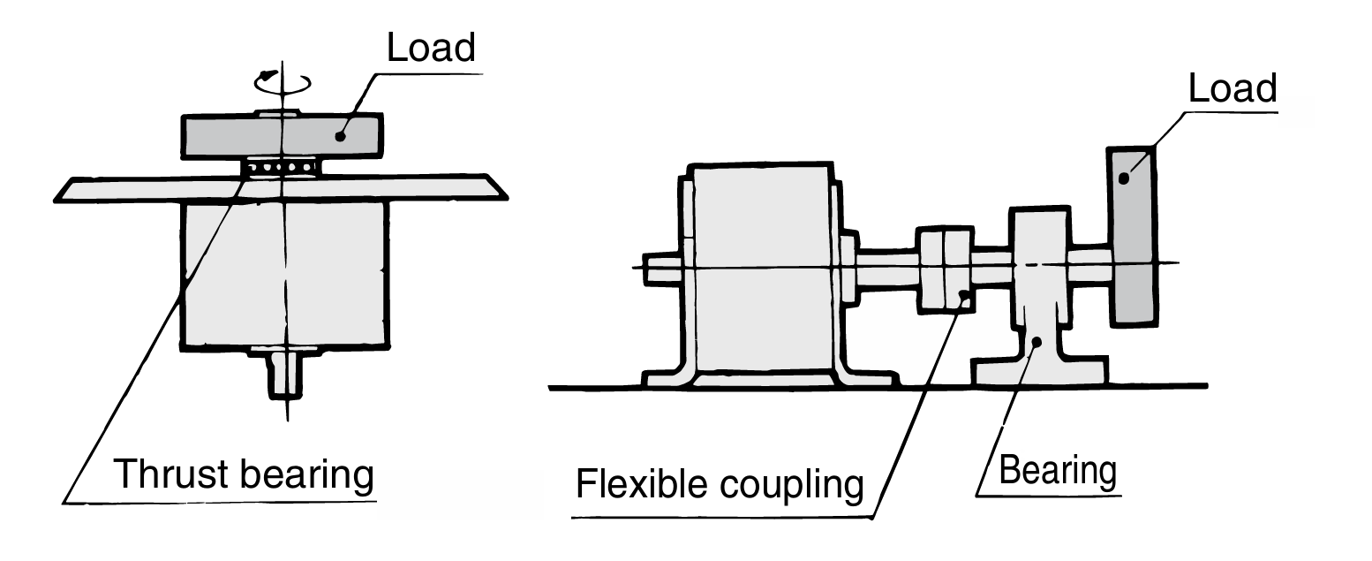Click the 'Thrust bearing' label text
(x=243, y=475)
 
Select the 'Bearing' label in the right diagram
(x=1057, y=470)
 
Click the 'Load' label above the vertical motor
(x=432, y=48)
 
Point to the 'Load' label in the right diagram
(x=1232, y=88)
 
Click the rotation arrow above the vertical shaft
(x=283, y=80)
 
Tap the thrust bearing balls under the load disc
(x=281, y=167)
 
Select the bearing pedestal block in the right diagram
(x=1039, y=292)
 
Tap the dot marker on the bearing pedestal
(x=1038, y=342)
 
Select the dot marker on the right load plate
(x=1125, y=178)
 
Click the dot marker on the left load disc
(x=340, y=135)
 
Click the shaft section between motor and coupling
(x=885, y=269)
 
